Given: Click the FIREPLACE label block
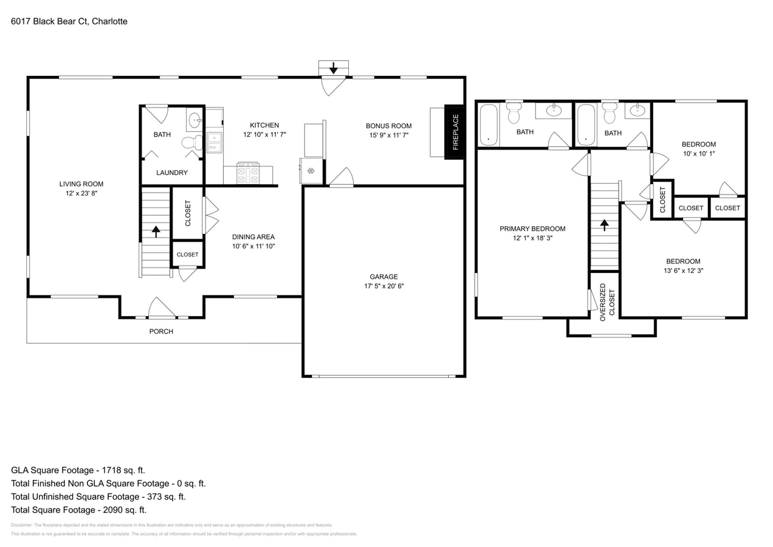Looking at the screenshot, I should pos(455,132).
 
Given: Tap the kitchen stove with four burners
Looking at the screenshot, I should pos(248,173).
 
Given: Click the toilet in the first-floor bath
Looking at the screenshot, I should pos(191,143).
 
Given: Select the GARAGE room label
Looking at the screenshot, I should pos(383,277).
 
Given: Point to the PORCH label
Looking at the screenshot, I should pos(161,331).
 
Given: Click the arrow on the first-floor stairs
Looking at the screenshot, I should pos(156,231).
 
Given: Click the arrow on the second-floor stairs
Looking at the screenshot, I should pos(604,225).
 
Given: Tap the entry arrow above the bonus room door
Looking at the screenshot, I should pos(333,67).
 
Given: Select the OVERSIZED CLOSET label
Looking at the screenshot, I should pos(607,302).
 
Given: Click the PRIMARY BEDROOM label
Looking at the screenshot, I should pos(532,229).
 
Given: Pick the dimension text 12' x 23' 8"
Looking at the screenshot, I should pos(81,193).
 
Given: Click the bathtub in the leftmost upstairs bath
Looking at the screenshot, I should pos(489,125).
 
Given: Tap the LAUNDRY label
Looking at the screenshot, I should pos(172,173).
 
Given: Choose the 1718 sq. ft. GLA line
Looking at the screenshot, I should pos(78,470).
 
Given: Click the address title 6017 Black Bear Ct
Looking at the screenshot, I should pos(69,21).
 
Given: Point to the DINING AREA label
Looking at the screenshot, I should pos(253,236).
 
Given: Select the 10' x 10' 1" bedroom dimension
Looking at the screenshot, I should pos(698,154).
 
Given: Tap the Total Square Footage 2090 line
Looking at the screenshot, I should pos(78,510).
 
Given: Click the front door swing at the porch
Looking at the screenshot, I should pos(161,308).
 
